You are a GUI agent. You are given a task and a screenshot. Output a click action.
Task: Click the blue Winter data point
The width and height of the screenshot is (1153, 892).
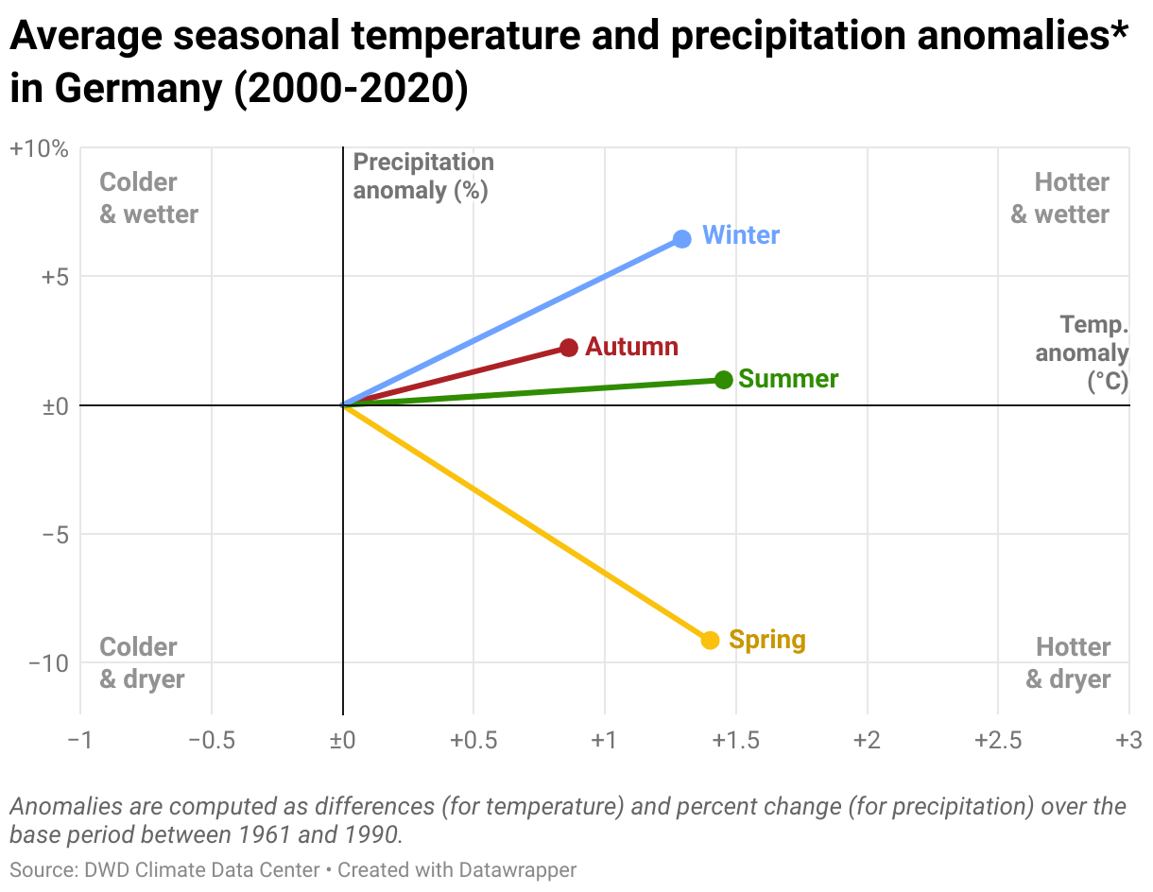(x=681, y=239)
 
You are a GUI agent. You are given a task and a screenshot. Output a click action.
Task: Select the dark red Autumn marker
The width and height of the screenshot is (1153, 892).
(x=568, y=348)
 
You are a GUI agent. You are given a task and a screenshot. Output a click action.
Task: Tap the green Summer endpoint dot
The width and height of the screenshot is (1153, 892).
(x=723, y=380)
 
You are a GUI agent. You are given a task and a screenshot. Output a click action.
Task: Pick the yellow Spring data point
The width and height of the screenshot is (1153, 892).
(x=710, y=641)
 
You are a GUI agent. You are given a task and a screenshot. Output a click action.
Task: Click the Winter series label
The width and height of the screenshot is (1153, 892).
(x=741, y=235)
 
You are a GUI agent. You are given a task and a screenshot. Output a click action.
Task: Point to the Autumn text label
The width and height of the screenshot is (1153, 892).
(x=631, y=347)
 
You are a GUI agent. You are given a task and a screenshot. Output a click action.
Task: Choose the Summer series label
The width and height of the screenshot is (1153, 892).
(x=788, y=379)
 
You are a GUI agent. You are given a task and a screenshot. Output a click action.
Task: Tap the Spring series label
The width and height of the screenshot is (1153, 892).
(x=766, y=641)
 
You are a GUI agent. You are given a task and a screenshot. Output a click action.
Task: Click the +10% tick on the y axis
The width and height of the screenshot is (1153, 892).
(x=39, y=149)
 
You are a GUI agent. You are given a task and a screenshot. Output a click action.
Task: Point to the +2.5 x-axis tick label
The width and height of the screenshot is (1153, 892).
(x=998, y=740)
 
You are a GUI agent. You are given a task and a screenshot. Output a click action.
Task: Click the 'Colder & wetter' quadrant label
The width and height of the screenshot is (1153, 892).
(x=148, y=198)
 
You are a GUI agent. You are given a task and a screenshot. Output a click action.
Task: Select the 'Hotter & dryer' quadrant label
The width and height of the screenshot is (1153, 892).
(x=1069, y=663)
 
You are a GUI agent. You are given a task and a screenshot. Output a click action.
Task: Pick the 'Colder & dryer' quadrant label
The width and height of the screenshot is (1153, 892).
(x=142, y=663)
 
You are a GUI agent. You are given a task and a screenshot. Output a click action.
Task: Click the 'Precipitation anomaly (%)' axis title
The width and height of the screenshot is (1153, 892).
(x=422, y=177)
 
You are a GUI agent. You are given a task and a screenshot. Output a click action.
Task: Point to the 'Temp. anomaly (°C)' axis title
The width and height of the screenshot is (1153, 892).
(x=1084, y=353)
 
